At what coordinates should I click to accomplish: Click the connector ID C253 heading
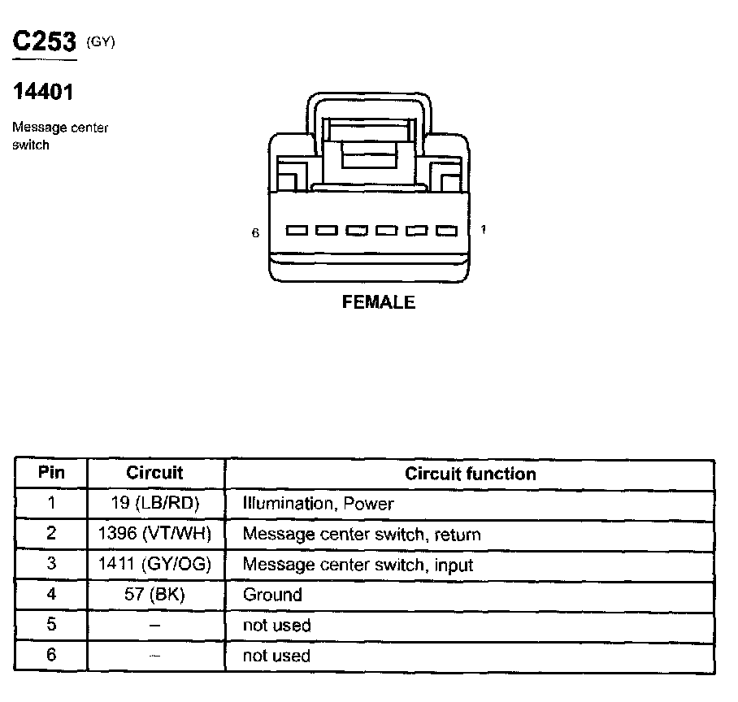point(45,41)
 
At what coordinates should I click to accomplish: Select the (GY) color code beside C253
point(101,43)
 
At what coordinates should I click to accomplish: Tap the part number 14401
point(43,93)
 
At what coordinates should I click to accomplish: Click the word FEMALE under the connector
point(379,303)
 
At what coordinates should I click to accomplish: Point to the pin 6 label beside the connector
point(255,232)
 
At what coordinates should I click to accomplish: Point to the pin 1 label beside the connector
point(484,230)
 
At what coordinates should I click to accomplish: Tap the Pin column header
point(51,473)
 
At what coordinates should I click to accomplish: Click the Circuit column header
point(155,473)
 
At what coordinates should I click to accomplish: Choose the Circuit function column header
point(471,474)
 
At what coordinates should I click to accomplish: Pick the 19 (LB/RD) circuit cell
point(155,504)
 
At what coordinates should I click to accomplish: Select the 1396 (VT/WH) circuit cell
point(155,535)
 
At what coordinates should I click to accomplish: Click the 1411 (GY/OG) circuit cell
point(155,565)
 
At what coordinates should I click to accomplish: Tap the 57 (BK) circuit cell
point(155,595)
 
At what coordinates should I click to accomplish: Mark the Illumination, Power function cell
point(318,504)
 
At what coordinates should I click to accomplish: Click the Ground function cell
point(272,595)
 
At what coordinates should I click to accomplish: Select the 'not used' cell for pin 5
point(276,626)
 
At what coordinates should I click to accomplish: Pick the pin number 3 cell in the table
point(51,565)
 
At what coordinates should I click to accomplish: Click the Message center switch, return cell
point(362,535)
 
